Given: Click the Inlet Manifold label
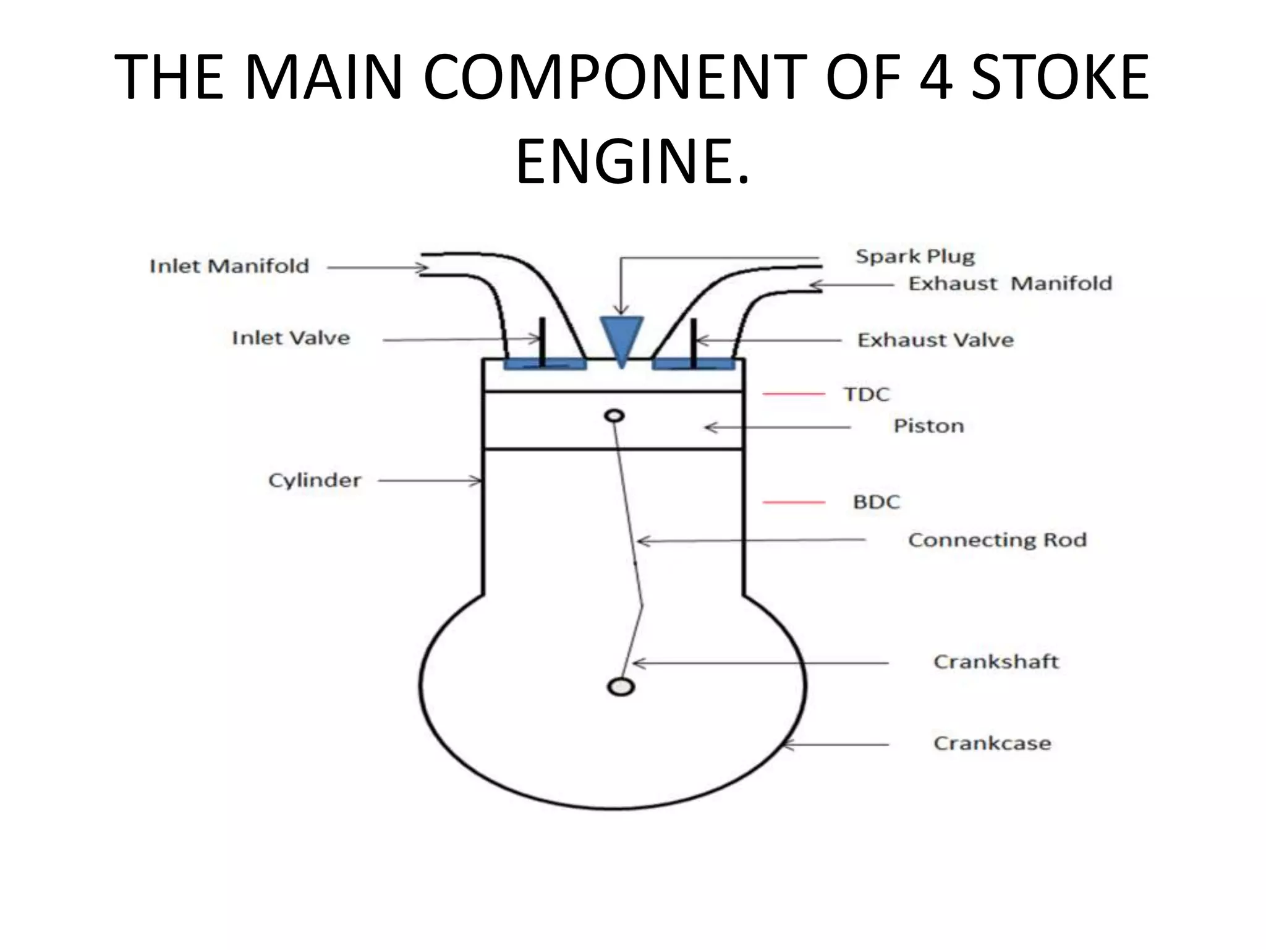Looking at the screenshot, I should [x=229, y=267].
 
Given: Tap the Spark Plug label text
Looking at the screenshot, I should [x=915, y=256].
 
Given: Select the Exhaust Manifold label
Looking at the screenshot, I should [x=1010, y=284].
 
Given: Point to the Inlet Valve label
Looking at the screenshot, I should [x=291, y=338].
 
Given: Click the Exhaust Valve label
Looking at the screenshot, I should [x=935, y=340].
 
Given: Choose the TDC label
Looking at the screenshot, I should [x=867, y=395].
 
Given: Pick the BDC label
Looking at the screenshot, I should [x=876, y=502].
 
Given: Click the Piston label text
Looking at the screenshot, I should [x=928, y=426].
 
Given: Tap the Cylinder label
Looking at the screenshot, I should [x=314, y=481].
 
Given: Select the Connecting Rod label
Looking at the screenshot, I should [x=997, y=540].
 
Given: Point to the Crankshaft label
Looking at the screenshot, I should [x=996, y=662].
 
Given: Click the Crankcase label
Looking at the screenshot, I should [x=992, y=743].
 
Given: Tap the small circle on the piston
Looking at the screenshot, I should [x=614, y=416].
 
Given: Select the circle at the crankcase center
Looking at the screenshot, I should [x=621, y=687].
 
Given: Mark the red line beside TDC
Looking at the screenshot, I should [x=794, y=394].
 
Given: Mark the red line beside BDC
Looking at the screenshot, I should [x=794, y=502].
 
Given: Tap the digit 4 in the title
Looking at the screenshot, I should [x=935, y=77].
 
